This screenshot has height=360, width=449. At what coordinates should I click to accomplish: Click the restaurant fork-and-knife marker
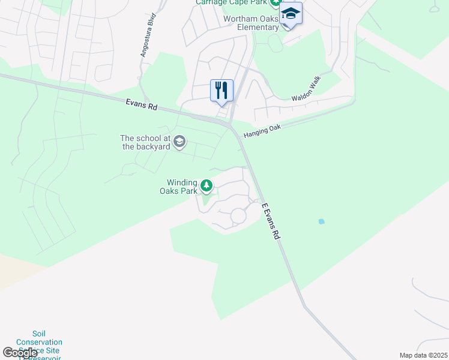point(221,91)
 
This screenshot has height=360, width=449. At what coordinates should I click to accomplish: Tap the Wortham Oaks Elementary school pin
point(291,14)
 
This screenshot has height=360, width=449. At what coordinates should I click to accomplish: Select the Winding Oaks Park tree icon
point(206,186)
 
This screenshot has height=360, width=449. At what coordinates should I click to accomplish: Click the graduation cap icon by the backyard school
point(179,142)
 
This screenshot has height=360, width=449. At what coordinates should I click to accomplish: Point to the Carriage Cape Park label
point(231,2)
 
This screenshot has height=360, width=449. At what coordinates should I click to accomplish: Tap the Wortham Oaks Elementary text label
point(251,23)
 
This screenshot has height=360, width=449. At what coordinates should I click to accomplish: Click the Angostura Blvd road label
point(148,35)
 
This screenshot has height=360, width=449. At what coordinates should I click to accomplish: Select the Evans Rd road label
point(142,104)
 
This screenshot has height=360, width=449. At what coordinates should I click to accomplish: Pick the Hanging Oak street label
point(262,131)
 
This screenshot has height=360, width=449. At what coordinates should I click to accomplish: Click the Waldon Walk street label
point(307,88)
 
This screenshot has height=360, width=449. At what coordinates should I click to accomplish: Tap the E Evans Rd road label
point(271,221)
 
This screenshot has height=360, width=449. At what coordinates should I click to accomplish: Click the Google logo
point(20,353)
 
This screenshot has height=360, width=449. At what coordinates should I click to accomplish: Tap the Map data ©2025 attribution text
point(423,355)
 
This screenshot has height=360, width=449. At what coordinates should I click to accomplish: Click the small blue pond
point(322,221)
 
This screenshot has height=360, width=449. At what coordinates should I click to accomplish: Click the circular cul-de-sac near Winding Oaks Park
point(238,215)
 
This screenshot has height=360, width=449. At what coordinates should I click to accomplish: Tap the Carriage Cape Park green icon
point(275,2)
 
